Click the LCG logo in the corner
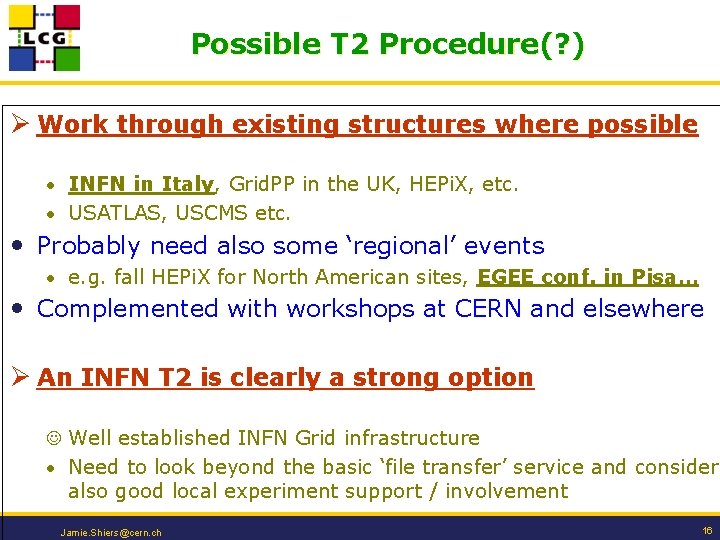[44, 37]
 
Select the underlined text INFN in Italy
[141, 184]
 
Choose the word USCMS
[213, 213]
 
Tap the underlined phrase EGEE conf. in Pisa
[588, 277]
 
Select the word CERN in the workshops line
[489, 309]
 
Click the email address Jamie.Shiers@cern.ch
[111, 532]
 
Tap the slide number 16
[707, 531]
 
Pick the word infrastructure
[412, 438]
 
